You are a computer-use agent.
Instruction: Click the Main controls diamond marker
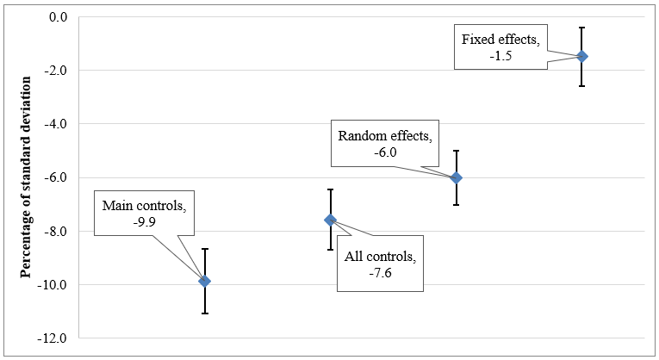(x=204, y=281)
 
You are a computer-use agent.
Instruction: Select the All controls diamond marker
(x=330, y=220)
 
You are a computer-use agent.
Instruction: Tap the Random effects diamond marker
(x=457, y=177)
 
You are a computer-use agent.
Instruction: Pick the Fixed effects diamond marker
(x=582, y=56)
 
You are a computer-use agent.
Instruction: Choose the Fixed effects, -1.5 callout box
(x=500, y=47)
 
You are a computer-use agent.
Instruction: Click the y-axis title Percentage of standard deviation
(x=26, y=177)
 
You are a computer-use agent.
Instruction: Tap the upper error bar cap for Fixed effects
(x=582, y=28)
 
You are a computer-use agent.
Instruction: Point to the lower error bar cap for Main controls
(x=204, y=313)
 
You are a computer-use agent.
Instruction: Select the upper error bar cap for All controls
(x=330, y=189)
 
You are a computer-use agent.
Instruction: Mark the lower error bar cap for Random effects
(x=457, y=204)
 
